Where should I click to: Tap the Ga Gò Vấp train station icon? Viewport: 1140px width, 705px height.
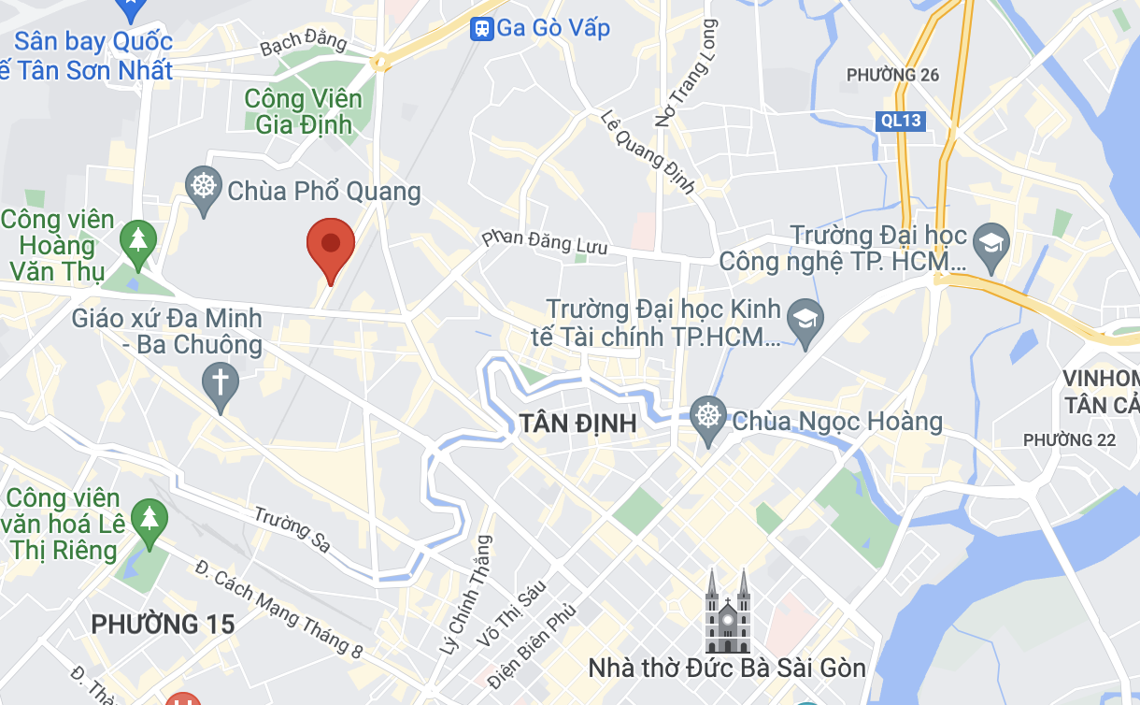pyautogui.click(x=482, y=28)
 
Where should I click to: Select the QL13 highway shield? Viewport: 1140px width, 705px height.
pyautogui.click(x=901, y=121)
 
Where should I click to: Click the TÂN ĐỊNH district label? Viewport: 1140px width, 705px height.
pyautogui.click(x=577, y=424)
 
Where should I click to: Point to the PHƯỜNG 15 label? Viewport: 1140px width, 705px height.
pyautogui.click(x=163, y=624)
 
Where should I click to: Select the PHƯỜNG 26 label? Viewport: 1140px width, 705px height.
pyautogui.click(x=892, y=75)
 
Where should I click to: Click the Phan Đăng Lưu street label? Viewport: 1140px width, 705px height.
pyautogui.click(x=545, y=242)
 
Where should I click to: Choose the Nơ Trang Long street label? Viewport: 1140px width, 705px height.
pyautogui.click(x=687, y=72)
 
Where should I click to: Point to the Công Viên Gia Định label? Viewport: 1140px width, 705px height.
pyautogui.click(x=298, y=111)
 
